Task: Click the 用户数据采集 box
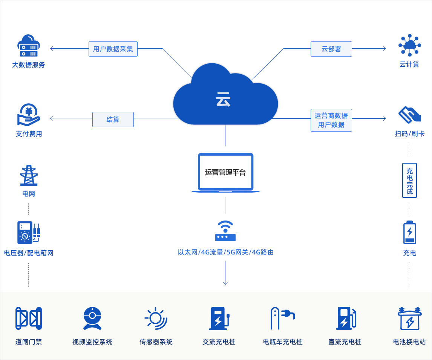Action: click(x=113, y=49)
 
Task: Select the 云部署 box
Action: click(x=331, y=49)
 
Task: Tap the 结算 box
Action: click(x=113, y=119)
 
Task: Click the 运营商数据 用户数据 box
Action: click(x=331, y=120)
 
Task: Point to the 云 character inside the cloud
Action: click(x=223, y=100)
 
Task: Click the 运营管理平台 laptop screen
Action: click(x=226, y=172)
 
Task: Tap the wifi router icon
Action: click(x=225, y=231)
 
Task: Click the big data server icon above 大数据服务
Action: click(x=29, y=46)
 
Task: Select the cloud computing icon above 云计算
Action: click(x=410, y=45)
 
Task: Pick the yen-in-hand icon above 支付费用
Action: click(x=29, y=115)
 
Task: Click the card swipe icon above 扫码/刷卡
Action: click(x=410, y=115)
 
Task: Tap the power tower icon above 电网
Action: click(x=29, y=175)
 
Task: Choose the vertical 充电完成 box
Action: click(x=410, y=181)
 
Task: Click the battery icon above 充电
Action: click(x=410, y=233)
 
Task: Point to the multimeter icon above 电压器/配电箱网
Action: click(x=29, y=233)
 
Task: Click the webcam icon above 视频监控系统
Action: click(x=92, y=319)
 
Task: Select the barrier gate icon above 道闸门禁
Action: click(x=29, y=319)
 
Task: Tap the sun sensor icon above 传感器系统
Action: click(x=156, y=319)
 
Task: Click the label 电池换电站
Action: click(x=409, y=342)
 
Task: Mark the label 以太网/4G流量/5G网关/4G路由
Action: click(x=226, y=252)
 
